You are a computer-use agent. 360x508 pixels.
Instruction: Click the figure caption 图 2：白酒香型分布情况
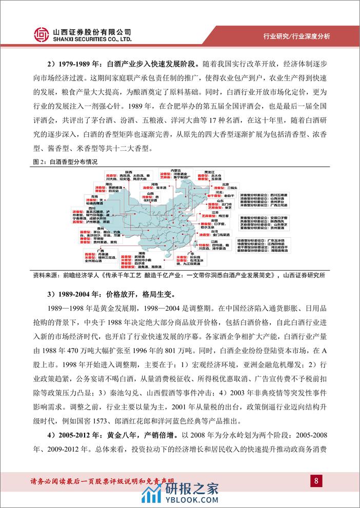(x=65, y=160)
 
